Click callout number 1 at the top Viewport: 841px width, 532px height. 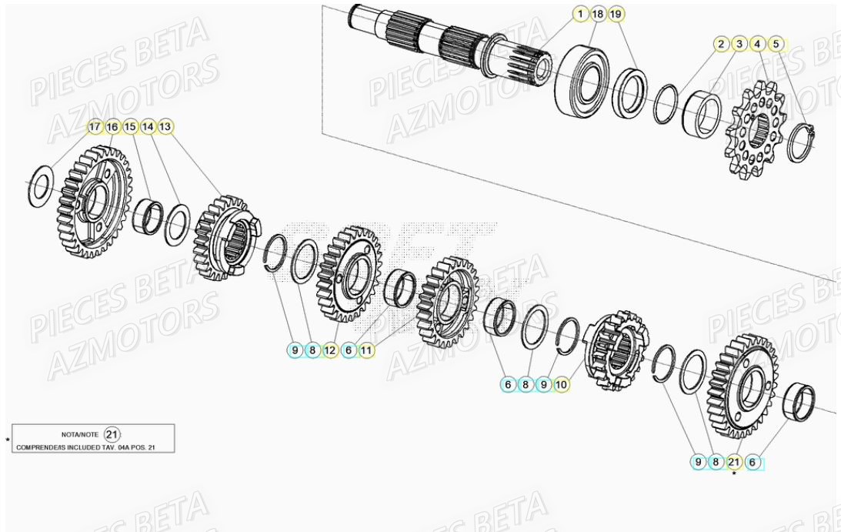click(x=579, y=15)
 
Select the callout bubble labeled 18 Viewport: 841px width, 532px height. click(x=597, y=15)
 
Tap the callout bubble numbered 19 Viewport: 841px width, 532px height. click(x=615, y=15)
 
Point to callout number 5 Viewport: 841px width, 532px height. click(x=776, y=44)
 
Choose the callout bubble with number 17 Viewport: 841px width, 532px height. click(x=95, y=126)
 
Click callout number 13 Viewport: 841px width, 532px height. click(x=165, y=126)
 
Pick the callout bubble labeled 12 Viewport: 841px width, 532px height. click(x=331, y=350)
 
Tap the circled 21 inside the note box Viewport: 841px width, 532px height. click(x=112, y=434)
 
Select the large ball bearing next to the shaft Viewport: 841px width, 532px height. click(x=586, y=81)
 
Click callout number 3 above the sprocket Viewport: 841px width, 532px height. click(x=739, y=44)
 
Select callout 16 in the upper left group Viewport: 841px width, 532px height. click(x=112, y=126)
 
